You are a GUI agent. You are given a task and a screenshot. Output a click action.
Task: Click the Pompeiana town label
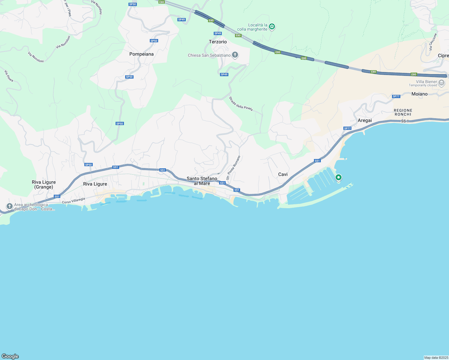pyautogui.click(x=141, y=54)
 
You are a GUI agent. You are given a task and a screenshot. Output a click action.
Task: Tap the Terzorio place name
pyautogui.click(x=218, y=42)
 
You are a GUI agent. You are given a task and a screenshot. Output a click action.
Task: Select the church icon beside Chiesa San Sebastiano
pyautogui.click(x=235, y=55)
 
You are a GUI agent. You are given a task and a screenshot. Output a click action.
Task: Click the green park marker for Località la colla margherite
pyautogui.click(x=272, y=27)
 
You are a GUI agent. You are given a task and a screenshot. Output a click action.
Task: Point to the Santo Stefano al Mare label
pyautogui.click(x=202, y=181)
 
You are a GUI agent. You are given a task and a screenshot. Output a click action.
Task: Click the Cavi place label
pyautogui.click(x=283, y=174)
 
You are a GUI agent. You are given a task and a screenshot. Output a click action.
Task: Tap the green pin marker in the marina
pyautogui.click(x=339, y=178)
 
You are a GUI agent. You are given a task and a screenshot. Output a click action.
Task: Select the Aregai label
pyautogui.click(x=365, y=120)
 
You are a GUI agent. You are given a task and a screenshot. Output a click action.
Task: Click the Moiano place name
pyautogui.click(x=419, y=94)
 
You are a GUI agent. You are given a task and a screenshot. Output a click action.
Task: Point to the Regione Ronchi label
pyautogui.click(x=403, y=112)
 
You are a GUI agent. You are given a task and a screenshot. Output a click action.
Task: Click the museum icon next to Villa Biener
pyautogui.click(x=441, y=83)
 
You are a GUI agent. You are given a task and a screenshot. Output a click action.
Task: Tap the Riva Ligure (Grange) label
pyautogui.click(x=44, y=184)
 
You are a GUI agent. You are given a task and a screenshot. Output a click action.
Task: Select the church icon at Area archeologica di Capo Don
pyautogui.click(x=10, y=206)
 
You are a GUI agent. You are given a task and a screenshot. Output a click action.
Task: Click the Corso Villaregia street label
pyautogui.click(x=74, y=201)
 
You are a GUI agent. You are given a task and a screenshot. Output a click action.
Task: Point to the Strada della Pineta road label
pyautogui.click(x=241, y=104)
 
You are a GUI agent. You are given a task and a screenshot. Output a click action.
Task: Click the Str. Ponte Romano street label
pyautogui.click(x=233, y=168)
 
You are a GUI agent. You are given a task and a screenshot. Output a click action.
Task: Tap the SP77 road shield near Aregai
pyautogui.click(x=347, y=128)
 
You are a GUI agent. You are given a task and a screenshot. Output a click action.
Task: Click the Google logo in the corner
pyautogui.click(x=10, y=356)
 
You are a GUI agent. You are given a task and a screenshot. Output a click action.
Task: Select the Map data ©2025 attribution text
pyautogui.click(x=436, y=358)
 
